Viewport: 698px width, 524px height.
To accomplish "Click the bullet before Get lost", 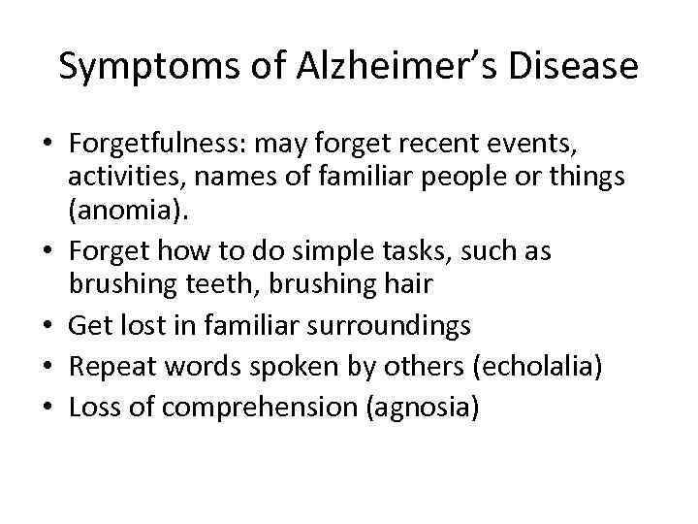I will point(48,326).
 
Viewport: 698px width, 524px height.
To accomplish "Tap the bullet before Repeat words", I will point(48,368).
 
